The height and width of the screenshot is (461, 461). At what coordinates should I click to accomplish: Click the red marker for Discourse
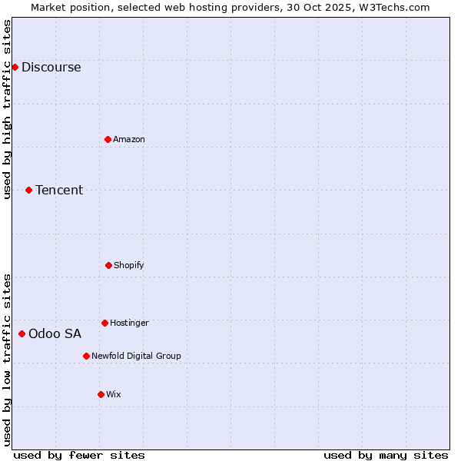point(15,67)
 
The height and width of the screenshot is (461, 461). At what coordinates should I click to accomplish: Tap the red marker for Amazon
point(108,139)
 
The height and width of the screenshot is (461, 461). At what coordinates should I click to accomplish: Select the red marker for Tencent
point(28,190)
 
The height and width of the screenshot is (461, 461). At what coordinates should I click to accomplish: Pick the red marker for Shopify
point(108,265)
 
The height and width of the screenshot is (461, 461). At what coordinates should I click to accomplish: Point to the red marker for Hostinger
point(104,323)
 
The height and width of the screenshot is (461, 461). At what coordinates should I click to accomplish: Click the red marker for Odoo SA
point(22,333)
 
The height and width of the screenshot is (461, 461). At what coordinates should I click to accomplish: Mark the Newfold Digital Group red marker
point(86,356)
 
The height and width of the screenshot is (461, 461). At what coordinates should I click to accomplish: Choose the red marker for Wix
point(101,394)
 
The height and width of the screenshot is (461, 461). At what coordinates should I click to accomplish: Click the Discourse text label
point(51,67)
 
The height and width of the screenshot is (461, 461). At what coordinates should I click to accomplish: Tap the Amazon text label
point(129,139)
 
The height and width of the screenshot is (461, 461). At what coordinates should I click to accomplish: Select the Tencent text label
point(59,190)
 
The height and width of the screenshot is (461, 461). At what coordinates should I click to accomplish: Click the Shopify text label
point(129,265)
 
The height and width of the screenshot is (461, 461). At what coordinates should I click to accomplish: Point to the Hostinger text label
point(129,323)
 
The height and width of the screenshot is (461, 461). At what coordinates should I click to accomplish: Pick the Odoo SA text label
point(55,333)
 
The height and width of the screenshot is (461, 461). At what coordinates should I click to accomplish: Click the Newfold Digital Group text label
point(136,356)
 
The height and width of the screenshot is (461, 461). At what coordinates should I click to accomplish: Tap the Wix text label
point(114,394)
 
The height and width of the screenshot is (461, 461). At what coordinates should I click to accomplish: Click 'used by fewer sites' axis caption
point(79,455)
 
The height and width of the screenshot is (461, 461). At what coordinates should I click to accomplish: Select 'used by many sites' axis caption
point(386,455)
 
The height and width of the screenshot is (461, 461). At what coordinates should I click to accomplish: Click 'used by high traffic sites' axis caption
point(8,109)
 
